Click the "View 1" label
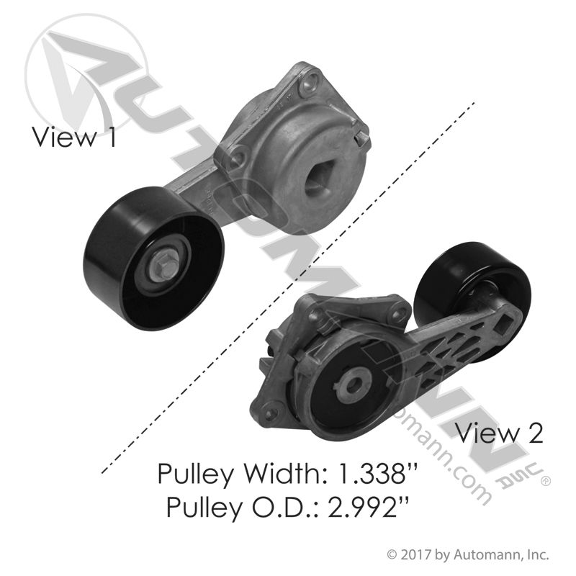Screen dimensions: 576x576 click(74, 137)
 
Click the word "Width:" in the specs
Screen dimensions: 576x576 click(287, 474)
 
